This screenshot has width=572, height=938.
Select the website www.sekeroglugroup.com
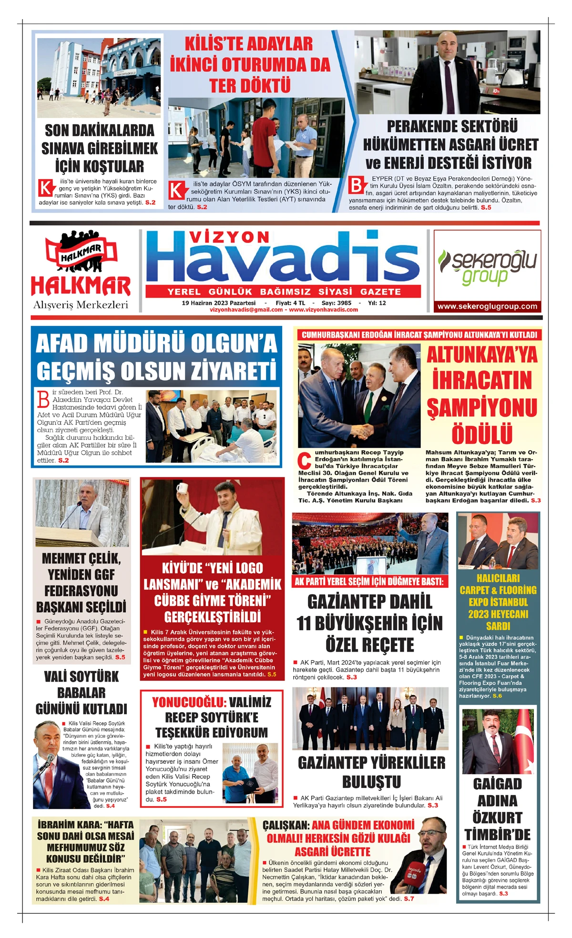(x=487, y=306)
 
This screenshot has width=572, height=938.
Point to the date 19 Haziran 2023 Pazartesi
(x=218, y=303)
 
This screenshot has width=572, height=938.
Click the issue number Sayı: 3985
(x=337, y=303)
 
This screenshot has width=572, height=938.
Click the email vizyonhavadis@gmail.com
(x=246, y=310)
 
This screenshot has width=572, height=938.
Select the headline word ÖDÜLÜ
(x=482, y=434)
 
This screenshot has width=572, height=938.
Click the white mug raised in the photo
(x=182, y=489)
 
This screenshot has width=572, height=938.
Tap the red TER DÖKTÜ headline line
(x=250, y=86)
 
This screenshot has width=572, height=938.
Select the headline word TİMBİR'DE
(x=497, y=834)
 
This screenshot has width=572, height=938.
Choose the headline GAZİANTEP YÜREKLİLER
(x=371, y=763)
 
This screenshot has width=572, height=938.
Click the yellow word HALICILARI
(x=498, y=578)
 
